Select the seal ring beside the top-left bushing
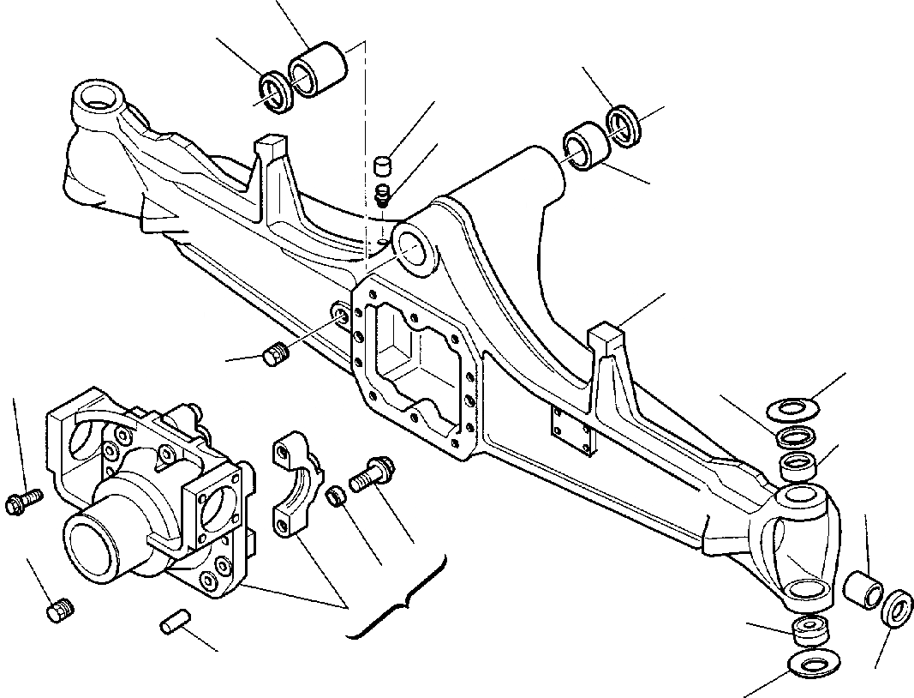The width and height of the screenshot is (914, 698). pyautogui.click(x=277, y=91)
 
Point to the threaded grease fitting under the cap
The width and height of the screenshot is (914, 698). pyautogui.click(x=384, y=195)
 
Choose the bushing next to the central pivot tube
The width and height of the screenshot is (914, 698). pyautogui.click(x=586, y=145)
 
